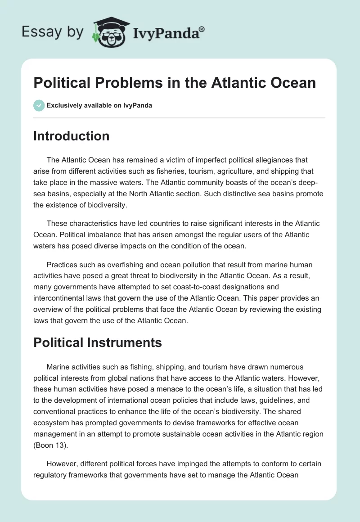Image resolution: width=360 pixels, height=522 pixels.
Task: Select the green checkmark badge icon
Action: pos(39,105)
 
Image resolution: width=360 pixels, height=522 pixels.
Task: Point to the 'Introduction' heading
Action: pos(71,136)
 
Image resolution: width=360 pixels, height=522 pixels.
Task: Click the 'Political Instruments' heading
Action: pos(98,342)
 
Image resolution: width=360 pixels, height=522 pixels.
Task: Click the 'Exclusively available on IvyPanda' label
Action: pos(99,105)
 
